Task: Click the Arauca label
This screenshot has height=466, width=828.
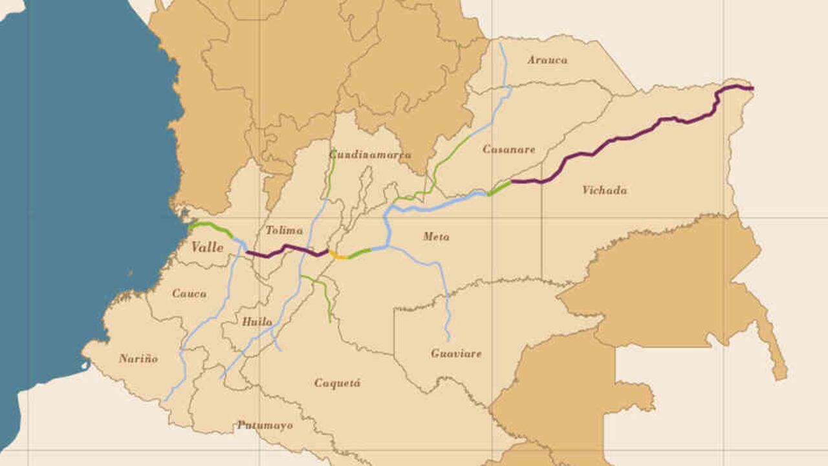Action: tap(547, 60)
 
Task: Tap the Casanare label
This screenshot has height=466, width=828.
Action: tap(509, 150)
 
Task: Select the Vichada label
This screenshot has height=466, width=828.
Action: tap(604, 190)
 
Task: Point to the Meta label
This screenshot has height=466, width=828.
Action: tap(436, 237)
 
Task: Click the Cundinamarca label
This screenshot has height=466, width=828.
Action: tap(370, 155)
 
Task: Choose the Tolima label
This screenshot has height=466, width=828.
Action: tap(284, 230)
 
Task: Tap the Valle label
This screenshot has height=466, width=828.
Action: tap(207, 247)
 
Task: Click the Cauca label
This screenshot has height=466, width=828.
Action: tap(189, 293)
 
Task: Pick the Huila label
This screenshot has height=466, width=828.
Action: tap(257, 322)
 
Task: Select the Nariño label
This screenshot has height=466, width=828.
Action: tap(138, 359)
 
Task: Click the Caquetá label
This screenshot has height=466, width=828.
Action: tap(338, 383)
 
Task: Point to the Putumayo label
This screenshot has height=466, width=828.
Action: tap(265, 425)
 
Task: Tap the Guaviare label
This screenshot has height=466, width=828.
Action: tap(456, 353)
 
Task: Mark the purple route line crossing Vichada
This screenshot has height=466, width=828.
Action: tap(621, 137)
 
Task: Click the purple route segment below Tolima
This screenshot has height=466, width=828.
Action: tap(285, 249)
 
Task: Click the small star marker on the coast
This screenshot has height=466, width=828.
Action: tap(186, 212)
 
